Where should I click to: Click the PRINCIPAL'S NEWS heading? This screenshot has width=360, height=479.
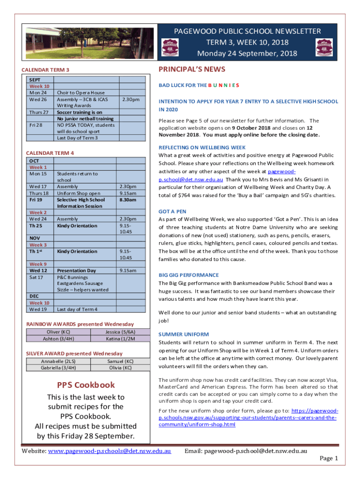click(192, 70)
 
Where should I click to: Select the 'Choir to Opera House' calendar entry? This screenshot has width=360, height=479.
click(80, 93)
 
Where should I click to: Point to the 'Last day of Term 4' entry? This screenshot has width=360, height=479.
click(77, 309)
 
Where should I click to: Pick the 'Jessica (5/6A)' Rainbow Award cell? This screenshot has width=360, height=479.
click(120, 332)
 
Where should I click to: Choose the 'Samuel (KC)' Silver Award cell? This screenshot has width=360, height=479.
click(120, 361)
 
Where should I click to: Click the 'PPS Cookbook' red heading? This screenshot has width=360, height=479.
click(86, 385)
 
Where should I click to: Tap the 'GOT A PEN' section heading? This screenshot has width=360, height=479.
click(172, 211)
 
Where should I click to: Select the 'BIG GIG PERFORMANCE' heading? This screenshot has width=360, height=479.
click(188, 275)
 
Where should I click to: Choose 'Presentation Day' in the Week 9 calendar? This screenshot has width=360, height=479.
click(76, 270)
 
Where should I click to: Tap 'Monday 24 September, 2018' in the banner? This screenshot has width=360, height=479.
click(247, 53)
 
